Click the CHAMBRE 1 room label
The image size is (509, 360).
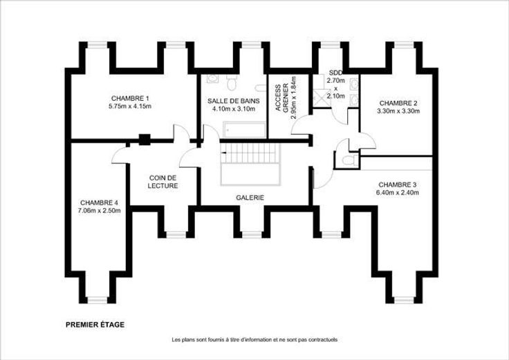point(130,98)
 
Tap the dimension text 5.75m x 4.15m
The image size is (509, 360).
point(130,106)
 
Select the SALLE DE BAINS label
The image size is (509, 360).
point(233,101)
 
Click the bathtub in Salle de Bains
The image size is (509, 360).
point(244,130)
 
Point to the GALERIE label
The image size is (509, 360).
point(250,198)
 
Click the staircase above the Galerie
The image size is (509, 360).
point(250,164)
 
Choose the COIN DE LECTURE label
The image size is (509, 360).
point(163,182)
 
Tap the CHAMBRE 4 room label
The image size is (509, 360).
point(99,202)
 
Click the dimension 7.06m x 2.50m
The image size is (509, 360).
point(99,211)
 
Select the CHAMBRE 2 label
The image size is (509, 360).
point(398,103)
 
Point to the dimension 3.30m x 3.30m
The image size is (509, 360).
point(398,111)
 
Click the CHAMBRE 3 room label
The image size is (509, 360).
point(398,185)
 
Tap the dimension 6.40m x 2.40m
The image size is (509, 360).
point(398,193)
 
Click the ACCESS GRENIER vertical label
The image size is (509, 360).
point(281,98)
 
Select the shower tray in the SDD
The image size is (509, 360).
point(321,97)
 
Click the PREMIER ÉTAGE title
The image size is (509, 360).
point(95,325)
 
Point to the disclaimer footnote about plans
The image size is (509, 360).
point(254,340)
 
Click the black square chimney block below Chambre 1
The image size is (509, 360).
point(145,140)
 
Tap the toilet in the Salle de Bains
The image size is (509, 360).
point(232,83)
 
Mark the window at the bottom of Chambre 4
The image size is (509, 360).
point(98,301)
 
